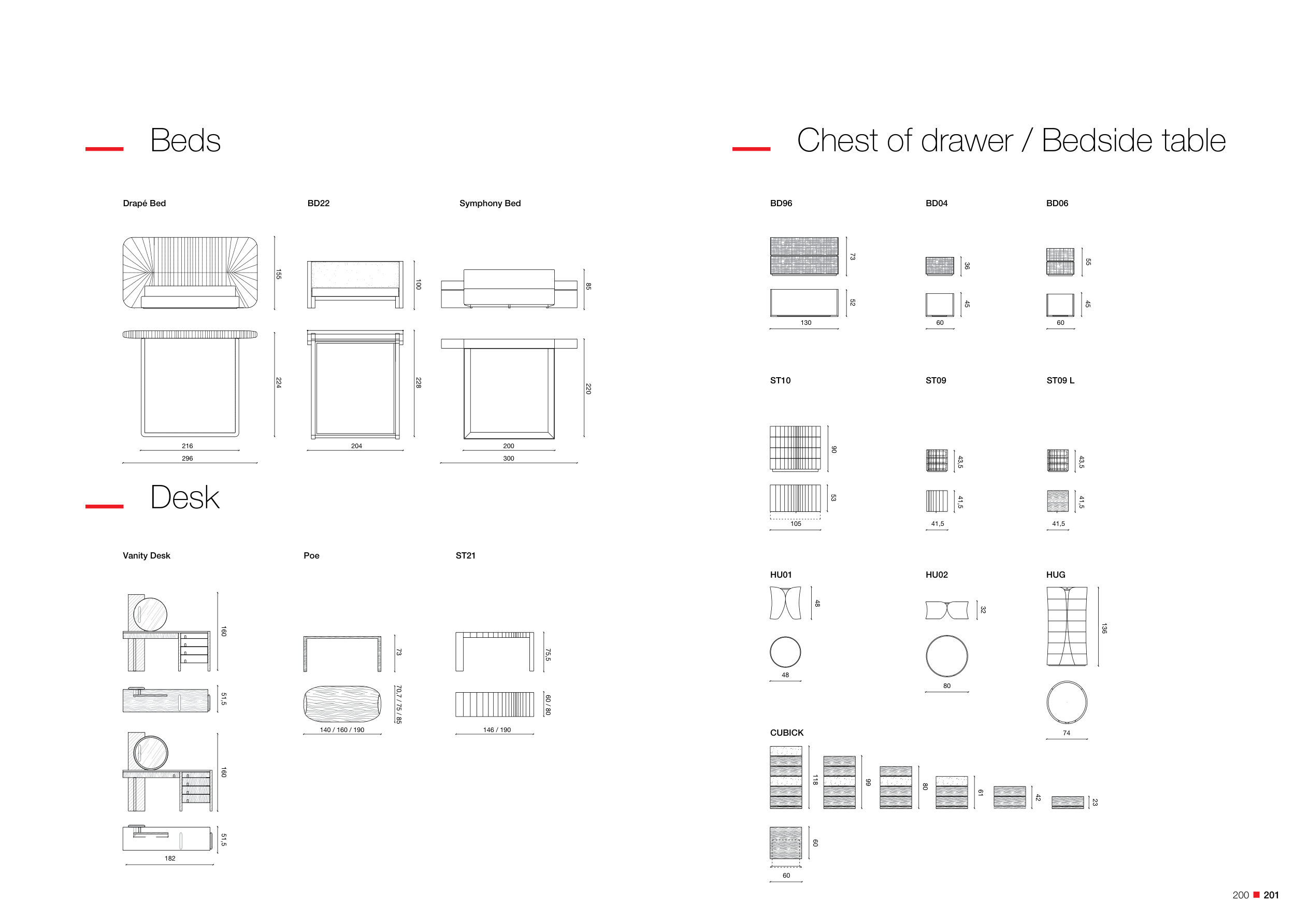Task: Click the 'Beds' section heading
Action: click(185, 140)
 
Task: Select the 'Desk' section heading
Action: click(184, 497)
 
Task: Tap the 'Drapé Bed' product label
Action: click(145, 203)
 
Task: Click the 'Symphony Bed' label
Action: click(490, 203)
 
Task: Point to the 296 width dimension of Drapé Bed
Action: click(187, 459)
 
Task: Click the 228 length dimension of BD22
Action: click(419, 382)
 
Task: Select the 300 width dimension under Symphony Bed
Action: click(508, 459)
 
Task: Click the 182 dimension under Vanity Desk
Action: click(170, 858)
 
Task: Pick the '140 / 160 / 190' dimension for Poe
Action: click(342, 730)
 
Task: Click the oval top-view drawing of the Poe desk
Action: click(342, 704)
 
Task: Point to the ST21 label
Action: click(465, 555)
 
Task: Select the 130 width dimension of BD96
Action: click(805, 323)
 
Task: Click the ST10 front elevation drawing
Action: click(795, 448)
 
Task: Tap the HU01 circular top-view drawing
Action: click(785, 652)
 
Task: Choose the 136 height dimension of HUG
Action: click(1104, 628)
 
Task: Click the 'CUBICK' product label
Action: click(786, 733)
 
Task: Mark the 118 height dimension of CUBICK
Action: click(815, 780)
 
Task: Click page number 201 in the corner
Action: click(1271, 895)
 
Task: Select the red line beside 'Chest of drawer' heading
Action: click(751, 149)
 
